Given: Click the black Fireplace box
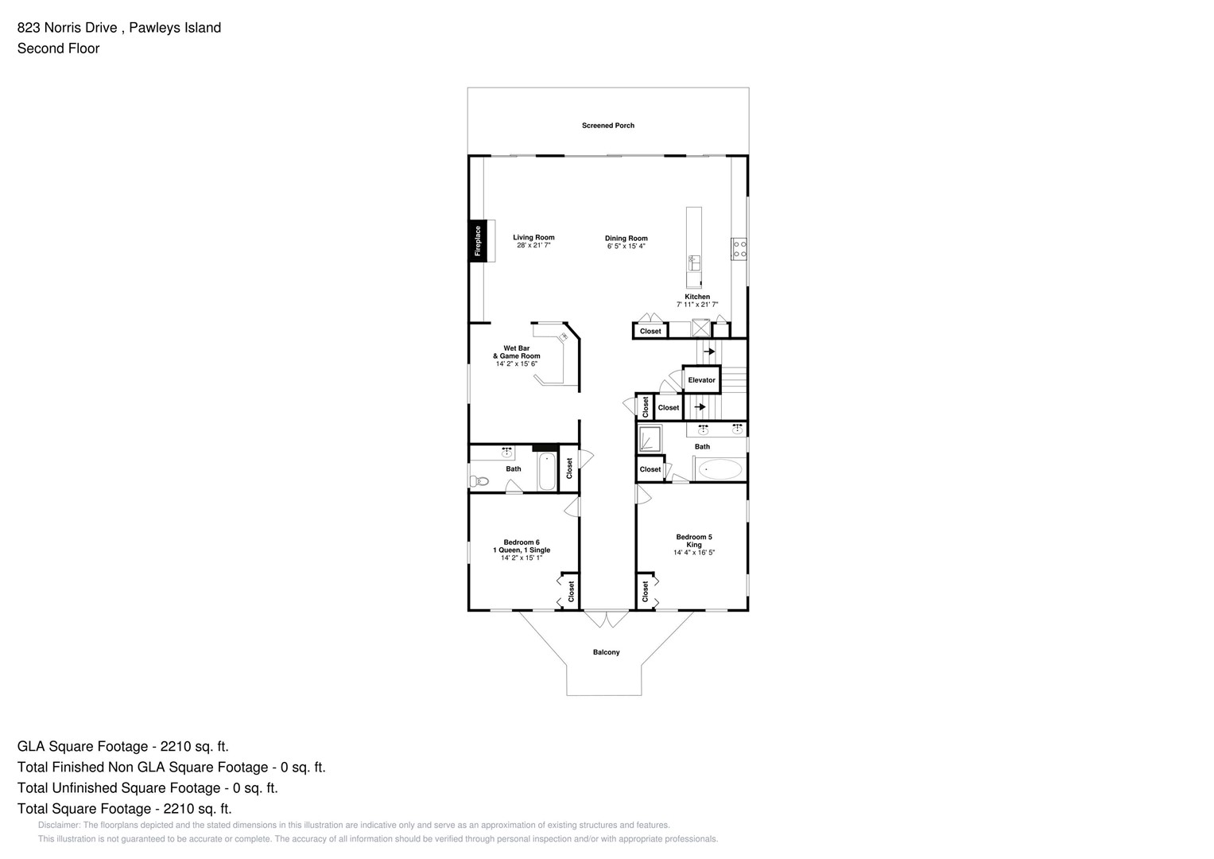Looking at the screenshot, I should [477, 240].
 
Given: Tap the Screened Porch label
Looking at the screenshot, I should [607, 126].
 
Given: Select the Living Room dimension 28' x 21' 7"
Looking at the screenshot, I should [533, 246].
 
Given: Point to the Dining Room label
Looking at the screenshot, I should [626, 238].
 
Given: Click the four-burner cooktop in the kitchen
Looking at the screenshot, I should [739, 249].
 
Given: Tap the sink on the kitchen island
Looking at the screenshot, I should [694, 261].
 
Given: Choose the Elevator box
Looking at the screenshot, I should [701, 379].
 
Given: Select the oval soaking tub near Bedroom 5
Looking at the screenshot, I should [720, 469].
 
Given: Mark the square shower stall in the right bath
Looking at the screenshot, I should [650, 439].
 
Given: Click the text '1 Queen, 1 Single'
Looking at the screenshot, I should [522, 550].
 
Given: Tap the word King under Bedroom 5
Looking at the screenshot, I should [694, 545].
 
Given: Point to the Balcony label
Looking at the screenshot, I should [606, 652].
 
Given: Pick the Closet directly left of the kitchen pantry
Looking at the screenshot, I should [650, 331].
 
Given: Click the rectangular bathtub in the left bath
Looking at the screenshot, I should [547, 472].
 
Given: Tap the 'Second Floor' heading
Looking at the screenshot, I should [58, 49].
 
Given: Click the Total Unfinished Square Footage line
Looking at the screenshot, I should [147, 788].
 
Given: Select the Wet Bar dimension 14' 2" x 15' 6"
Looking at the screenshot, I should [517, 364].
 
